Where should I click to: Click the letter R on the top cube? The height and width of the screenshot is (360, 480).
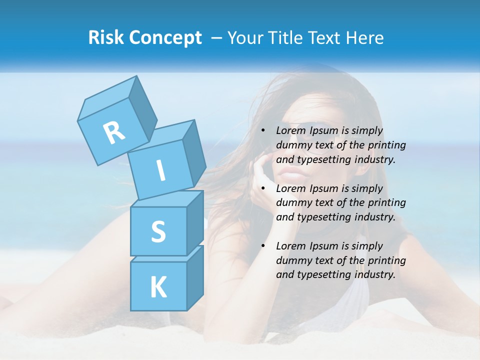[x=114, y=132]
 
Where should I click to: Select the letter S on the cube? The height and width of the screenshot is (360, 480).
[x=158, y=231]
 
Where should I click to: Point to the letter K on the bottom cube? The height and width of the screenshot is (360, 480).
[x=158, y=287]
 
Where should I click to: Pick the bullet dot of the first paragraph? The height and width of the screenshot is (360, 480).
[x=263, y=130]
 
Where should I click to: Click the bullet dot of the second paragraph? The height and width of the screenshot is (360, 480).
[x=263, y=188]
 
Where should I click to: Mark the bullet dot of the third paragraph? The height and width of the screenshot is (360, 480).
[x=263, y=246]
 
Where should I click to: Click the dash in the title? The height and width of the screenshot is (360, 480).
[x=217, y=37]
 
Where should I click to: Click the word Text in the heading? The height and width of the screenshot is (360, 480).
[x=325, y=37]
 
